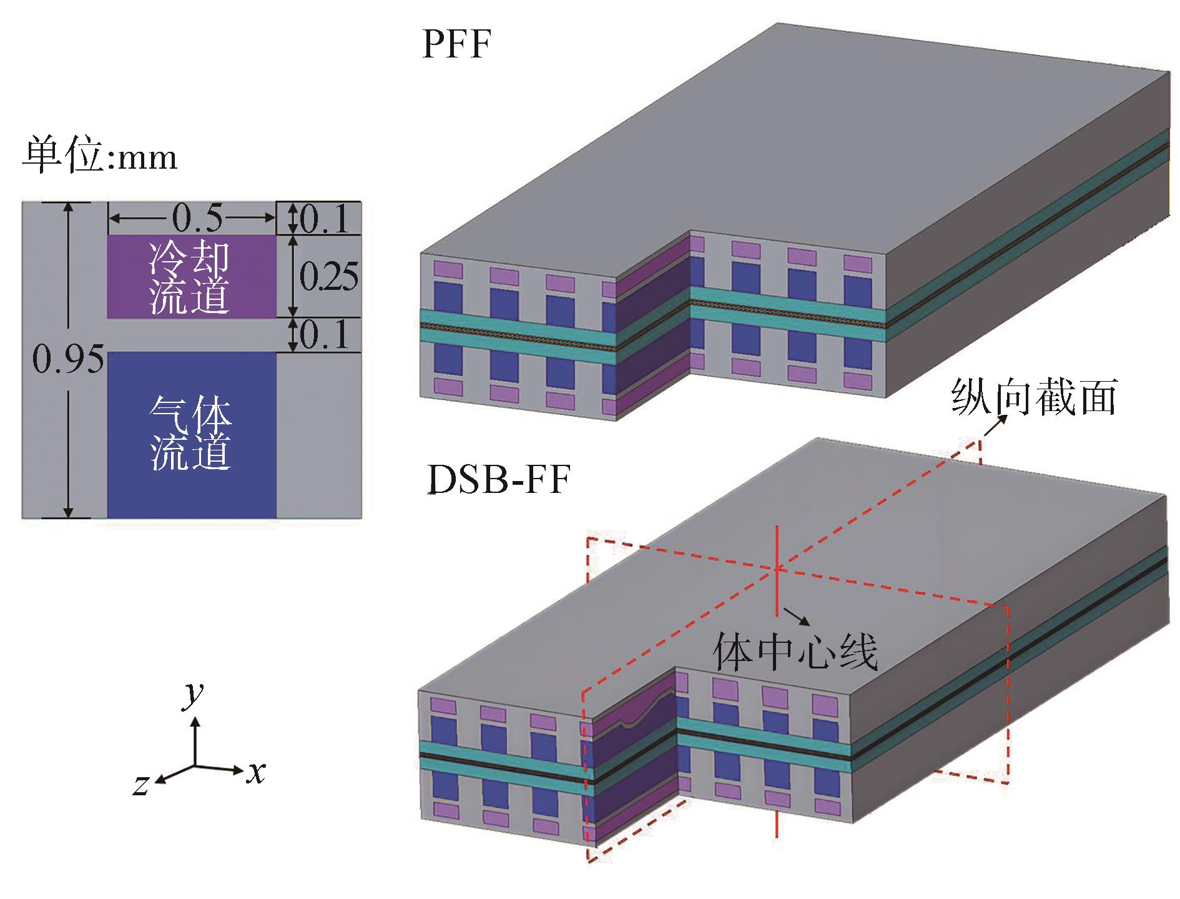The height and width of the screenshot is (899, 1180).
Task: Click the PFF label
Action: (x=456, y=45)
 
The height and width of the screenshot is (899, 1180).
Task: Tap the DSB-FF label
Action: (x=498, y=482)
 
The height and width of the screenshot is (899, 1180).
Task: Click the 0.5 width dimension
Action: (x=197, y=218)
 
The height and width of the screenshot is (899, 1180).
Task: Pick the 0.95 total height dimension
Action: (x=67, y=359)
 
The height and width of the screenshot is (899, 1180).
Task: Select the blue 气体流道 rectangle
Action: (x=191, y=434)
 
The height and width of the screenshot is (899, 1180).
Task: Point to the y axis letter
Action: (x=193, y=693)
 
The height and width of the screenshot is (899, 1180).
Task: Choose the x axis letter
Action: (x=255, y=773)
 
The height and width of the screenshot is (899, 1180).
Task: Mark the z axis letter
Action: (x=141, y=784)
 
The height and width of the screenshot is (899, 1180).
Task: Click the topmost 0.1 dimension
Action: (x=324, y=219)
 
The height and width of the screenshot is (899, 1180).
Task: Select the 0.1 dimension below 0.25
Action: (x=324, y=335)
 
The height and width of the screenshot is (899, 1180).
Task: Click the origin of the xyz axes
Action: (x=195, y=766)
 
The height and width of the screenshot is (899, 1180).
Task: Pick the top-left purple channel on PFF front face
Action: (x=448, y=270)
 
